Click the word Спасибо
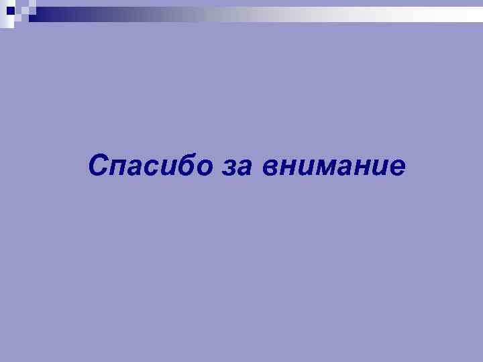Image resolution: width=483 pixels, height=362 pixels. click(x=150, y=164)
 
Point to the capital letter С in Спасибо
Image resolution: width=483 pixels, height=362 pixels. click(x=99, y=164)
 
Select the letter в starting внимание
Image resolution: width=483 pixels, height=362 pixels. click(x=270, y=166)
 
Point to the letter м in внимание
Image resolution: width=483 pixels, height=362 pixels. click(x=325, y=166)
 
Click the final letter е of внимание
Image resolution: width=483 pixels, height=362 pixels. click(x=397, y=166)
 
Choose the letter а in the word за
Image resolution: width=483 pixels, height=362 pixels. click(x=244, y=166)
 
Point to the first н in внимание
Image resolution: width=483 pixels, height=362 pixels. click(x=287, y=166)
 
